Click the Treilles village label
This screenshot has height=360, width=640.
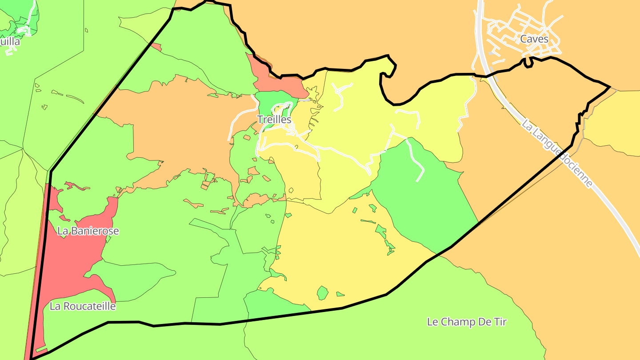(274, 120)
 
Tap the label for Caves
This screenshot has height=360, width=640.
(534, 39)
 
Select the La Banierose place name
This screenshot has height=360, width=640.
(88, 231)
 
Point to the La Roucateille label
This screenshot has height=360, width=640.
(83, 306)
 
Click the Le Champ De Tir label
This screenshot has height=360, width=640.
(467, 322)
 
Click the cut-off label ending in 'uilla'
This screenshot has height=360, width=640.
(10, 42)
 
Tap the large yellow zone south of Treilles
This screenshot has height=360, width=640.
(338, 249)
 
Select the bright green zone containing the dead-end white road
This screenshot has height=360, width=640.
(427, 196)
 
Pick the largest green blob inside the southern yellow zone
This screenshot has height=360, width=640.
(322, 293)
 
